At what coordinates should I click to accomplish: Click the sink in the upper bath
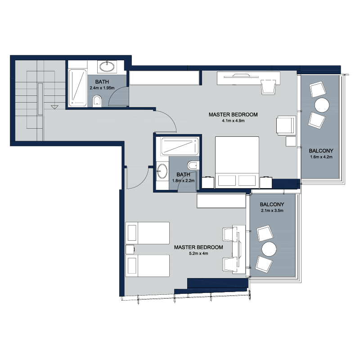pos(107,67)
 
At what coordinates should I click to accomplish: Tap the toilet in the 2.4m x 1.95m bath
pos(97,102)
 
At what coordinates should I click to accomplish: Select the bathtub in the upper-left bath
pos(77,88)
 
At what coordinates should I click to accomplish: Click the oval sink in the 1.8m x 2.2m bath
pos(162,171)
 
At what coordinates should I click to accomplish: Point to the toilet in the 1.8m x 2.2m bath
pos(193,165)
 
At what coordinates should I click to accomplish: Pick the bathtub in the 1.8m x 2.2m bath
pos(180,146)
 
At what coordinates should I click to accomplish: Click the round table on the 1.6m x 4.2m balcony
pos(322,105)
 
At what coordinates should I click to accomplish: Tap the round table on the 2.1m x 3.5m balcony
pos(269,249)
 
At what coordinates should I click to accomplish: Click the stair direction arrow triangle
pos(54,107)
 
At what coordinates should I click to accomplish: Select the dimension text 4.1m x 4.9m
pos(233,121)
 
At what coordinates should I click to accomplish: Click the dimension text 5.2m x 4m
pos(198,253)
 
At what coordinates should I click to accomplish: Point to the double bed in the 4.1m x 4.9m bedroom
pos(237,162)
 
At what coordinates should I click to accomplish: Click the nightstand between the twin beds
pos(130,249)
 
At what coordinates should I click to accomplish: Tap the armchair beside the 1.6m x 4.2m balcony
pos(286,125)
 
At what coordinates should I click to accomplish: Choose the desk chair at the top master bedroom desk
pos(268,86)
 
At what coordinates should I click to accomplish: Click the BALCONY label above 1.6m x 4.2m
pos(321,151)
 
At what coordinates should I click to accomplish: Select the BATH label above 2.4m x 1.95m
pos(102,82)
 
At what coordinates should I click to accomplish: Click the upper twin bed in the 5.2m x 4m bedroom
pos(148,233)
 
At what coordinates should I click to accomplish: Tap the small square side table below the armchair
pos(291,141)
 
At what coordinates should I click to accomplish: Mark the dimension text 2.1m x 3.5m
pos(272,211)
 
